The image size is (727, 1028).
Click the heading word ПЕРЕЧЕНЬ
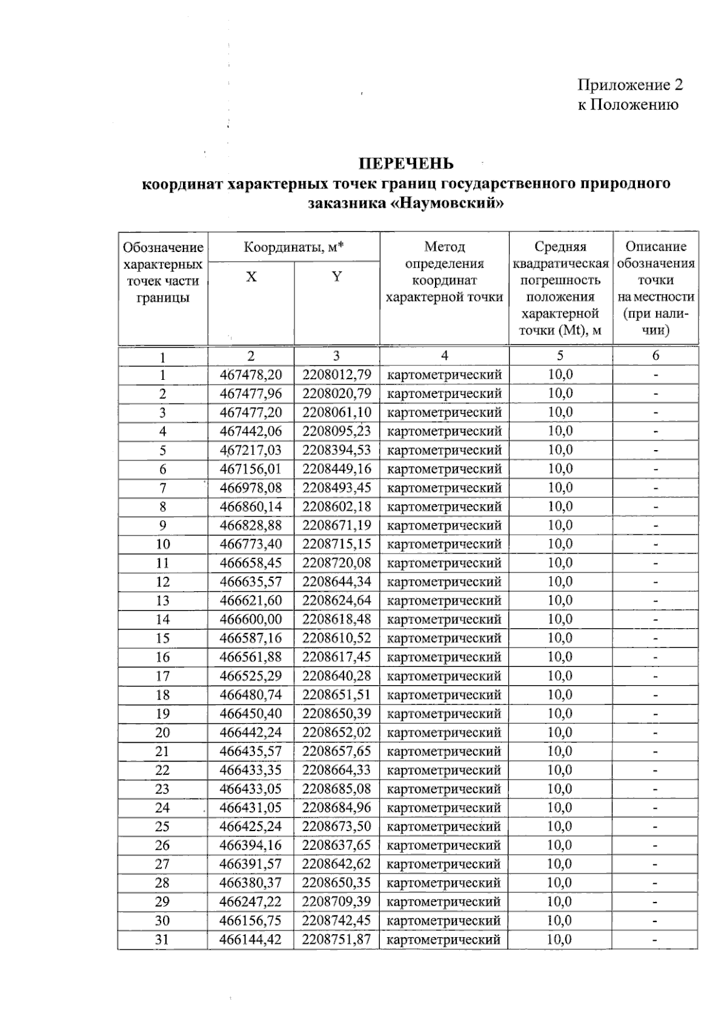click(x=406, y=164)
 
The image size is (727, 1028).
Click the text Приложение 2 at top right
click(x=630, y=85)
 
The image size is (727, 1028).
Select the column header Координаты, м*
click(x=294, y=247)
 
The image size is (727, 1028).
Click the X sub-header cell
click(x=251, y=277)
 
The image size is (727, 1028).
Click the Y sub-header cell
click(x=337, y=277)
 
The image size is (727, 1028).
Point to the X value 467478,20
click(x=251, y=375)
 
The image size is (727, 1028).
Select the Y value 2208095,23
click(x=337, y=431)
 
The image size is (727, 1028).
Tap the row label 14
click(x=162, y=620)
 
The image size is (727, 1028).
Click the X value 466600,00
click(x=251, y=620)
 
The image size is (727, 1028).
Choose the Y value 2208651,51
click(x=337, y=695)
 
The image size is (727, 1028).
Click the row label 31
click(x=162, y=940)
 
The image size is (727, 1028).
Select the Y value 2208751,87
click(x=337, y=940)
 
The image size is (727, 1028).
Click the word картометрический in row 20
click(x=444, y=732)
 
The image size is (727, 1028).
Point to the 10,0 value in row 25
click(x=560, y=826)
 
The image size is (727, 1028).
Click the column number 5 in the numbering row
click(x=560, y=356)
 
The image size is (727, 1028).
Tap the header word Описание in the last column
click(x=656, y=247)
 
